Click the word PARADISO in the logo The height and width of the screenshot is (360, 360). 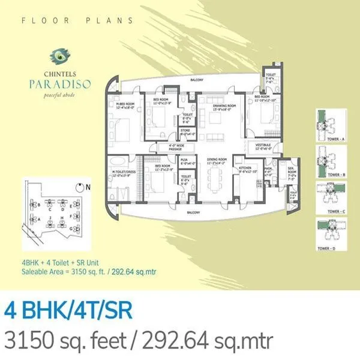(x=63, y=84)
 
